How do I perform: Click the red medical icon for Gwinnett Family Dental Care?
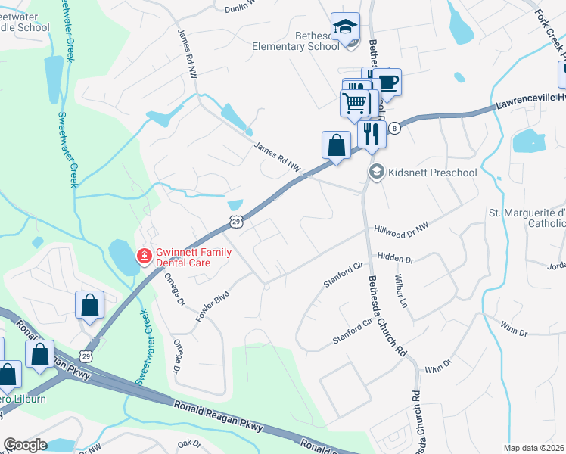(142, 258)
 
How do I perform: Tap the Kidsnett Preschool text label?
(432, 173)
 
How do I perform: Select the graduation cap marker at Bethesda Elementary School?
(344, 28)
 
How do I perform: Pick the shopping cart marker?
(355, 102)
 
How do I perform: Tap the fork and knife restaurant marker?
(371, 134)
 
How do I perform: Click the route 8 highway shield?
(394, 129)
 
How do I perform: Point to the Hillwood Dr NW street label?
(401, 228)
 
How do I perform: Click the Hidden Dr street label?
(395, 259)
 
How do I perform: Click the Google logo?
(25, 445)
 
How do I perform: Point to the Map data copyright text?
(533, 448)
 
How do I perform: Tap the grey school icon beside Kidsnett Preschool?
(375, 173)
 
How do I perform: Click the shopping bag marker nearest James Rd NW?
(336, 145)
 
